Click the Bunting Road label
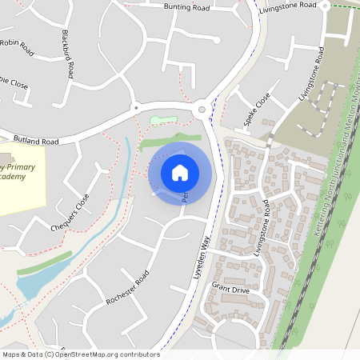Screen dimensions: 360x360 tap(186, 7)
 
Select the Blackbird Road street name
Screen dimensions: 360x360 tap(67, 54)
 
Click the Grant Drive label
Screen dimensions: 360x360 tap(231, 286)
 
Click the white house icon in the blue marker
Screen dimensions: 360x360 tap(180, 172)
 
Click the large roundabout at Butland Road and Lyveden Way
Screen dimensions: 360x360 tap(202, 110)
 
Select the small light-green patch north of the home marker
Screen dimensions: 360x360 tap(162, 120)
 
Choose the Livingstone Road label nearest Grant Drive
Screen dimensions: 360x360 tap(271, 230)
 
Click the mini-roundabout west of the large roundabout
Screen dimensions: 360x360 tap(135, 106)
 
